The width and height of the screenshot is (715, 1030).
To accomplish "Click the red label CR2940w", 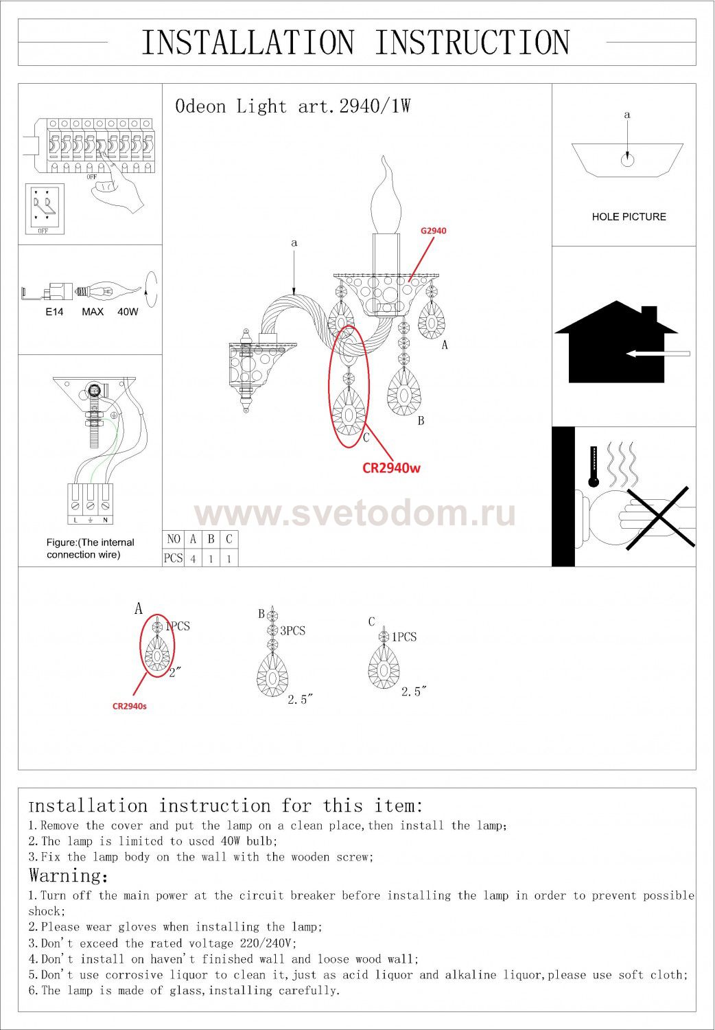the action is click(x=391, y=468).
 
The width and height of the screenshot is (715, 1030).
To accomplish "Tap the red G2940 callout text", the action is click(x=433, y=231).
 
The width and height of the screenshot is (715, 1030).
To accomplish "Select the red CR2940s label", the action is click(x=130, y=706).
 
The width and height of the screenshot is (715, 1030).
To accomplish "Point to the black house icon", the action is click(x=616, y=342).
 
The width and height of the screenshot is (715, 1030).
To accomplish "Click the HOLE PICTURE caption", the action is click(x=629, y=217).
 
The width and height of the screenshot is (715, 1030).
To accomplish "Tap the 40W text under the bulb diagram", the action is click(x=128, y=312).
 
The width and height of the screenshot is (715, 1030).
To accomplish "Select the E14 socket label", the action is click(x=54, y=312).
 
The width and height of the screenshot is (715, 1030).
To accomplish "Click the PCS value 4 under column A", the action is click(x=193, y=559).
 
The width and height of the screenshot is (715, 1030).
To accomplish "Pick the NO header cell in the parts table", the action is click(x=173, y=539).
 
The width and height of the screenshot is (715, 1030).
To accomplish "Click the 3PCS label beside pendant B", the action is click(x=293, y=630).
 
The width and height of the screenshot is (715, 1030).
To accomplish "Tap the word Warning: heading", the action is click(x=69, y=875).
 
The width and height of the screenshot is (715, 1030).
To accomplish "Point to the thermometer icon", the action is click(x=594, y=466).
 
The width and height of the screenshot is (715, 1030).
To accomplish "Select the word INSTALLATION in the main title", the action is click(x=248, y=43).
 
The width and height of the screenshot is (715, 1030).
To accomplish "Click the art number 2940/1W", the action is click(x=375, y=106).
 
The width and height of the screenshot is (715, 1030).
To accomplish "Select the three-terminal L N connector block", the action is click(x=90, y=504).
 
